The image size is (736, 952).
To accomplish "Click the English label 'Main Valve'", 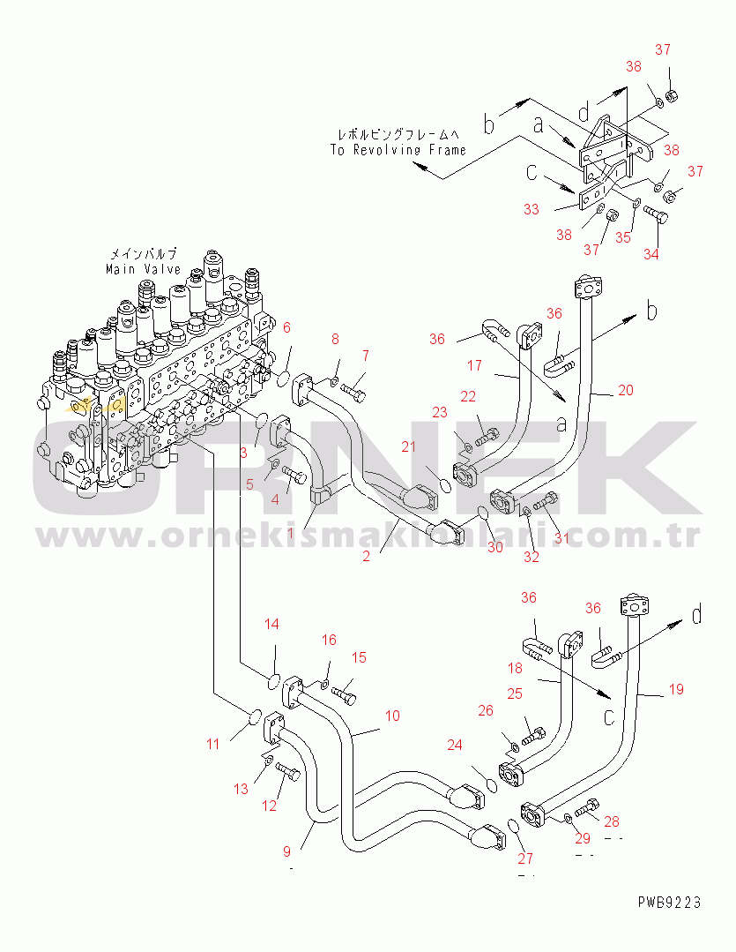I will [x=143, y=269].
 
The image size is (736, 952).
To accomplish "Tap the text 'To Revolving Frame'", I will [x=398, y=150].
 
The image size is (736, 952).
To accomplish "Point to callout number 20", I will [x=624, y=389].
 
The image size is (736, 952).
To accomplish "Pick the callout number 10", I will [x=391, y=716].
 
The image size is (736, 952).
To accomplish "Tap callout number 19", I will [x=675, y=689].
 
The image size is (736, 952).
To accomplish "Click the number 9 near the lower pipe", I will [x=286, y=851].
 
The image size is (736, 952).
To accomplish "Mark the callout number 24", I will [x=454, y=745].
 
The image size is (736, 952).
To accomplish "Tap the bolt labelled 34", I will [x=656, y=214].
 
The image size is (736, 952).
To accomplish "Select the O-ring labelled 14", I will [x=274, y=681].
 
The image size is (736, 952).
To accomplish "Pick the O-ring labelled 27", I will [x=513, y=827].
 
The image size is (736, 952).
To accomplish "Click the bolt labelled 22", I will [x=487, y=435].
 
